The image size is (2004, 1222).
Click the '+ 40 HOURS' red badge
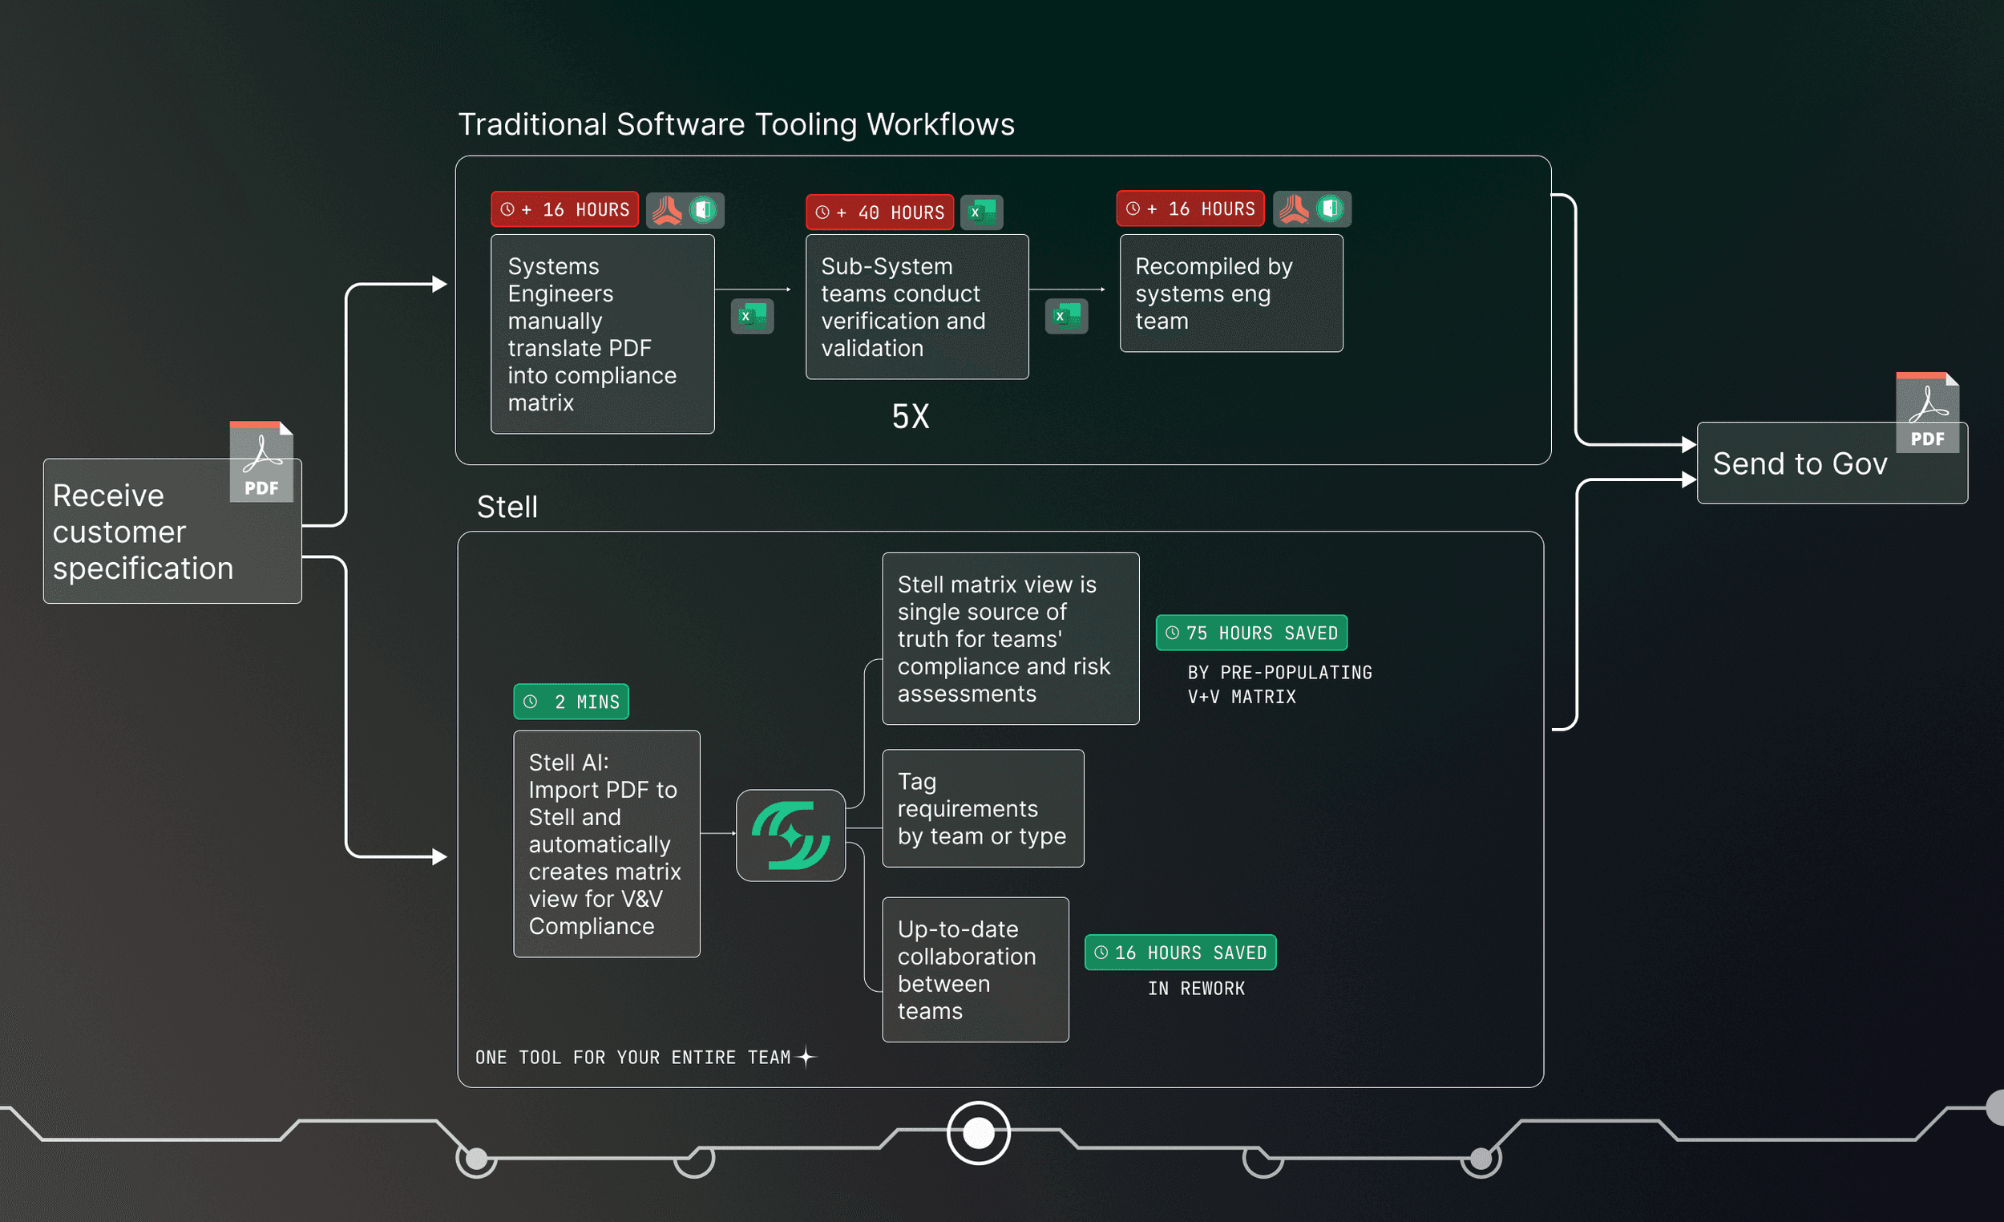point(879,212)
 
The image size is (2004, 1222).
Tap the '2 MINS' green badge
point(571,702)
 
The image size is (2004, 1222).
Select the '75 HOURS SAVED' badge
point(1250,633)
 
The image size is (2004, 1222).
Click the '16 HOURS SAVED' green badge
point(1180,953)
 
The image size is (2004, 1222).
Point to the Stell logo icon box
point(790,836)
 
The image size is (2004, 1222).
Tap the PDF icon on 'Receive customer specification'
point(261,461)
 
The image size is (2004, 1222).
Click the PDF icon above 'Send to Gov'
point(1927,411)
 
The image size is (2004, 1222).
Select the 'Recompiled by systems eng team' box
point(1230,293)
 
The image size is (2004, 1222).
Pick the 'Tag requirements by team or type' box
point(983,808)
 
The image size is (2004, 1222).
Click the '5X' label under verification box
point(910,416)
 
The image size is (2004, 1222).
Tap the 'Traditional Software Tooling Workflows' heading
point(736,124)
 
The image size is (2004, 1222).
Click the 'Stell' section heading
point(507,507)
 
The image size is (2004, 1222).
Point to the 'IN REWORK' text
point(1195,989)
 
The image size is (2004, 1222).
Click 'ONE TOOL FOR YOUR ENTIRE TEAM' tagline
point(632,1058)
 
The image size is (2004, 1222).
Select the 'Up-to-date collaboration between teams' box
point(976,969)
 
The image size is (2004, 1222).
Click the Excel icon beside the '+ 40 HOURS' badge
point(982,212)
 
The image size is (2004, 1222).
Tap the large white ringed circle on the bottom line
point(978,1132)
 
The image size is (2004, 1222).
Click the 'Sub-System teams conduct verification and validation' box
point(916,307)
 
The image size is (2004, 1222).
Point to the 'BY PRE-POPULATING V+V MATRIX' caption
point(1279,684)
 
